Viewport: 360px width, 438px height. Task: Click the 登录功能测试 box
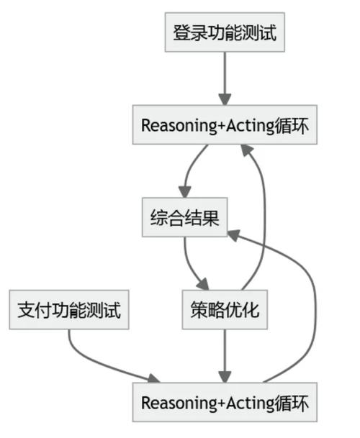click(224, 32)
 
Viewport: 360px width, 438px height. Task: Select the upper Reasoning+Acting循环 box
click(224, 125)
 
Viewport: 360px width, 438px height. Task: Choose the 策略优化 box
click(224, 311)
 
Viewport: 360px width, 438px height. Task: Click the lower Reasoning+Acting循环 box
click(224, 403)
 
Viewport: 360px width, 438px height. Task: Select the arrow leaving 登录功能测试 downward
click(224, 79)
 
